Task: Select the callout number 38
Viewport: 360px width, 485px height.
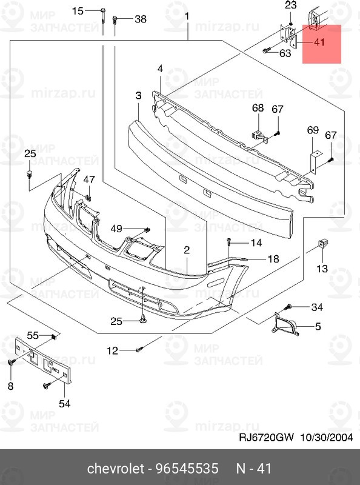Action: [x=140, y=19]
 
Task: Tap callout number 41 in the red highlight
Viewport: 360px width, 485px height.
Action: [x=319, y=42]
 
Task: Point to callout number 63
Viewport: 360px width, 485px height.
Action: [x=285, y=53]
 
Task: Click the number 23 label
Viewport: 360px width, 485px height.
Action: [x=291, y=5]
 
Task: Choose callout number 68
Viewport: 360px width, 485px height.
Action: [x=258, y=108]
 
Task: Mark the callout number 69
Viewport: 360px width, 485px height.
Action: [x=313, y=130]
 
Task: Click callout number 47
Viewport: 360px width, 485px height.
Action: [x=89, y=179]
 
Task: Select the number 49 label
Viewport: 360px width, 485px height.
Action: [x=116, y=228]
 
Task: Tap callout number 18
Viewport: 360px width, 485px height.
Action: [x=273, y=259]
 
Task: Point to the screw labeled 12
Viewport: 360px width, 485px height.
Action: [x=139, y=349]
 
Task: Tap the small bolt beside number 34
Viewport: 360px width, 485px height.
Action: [x=290, y=307]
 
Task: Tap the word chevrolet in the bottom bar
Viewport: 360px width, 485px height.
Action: [x=116, y=469]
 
